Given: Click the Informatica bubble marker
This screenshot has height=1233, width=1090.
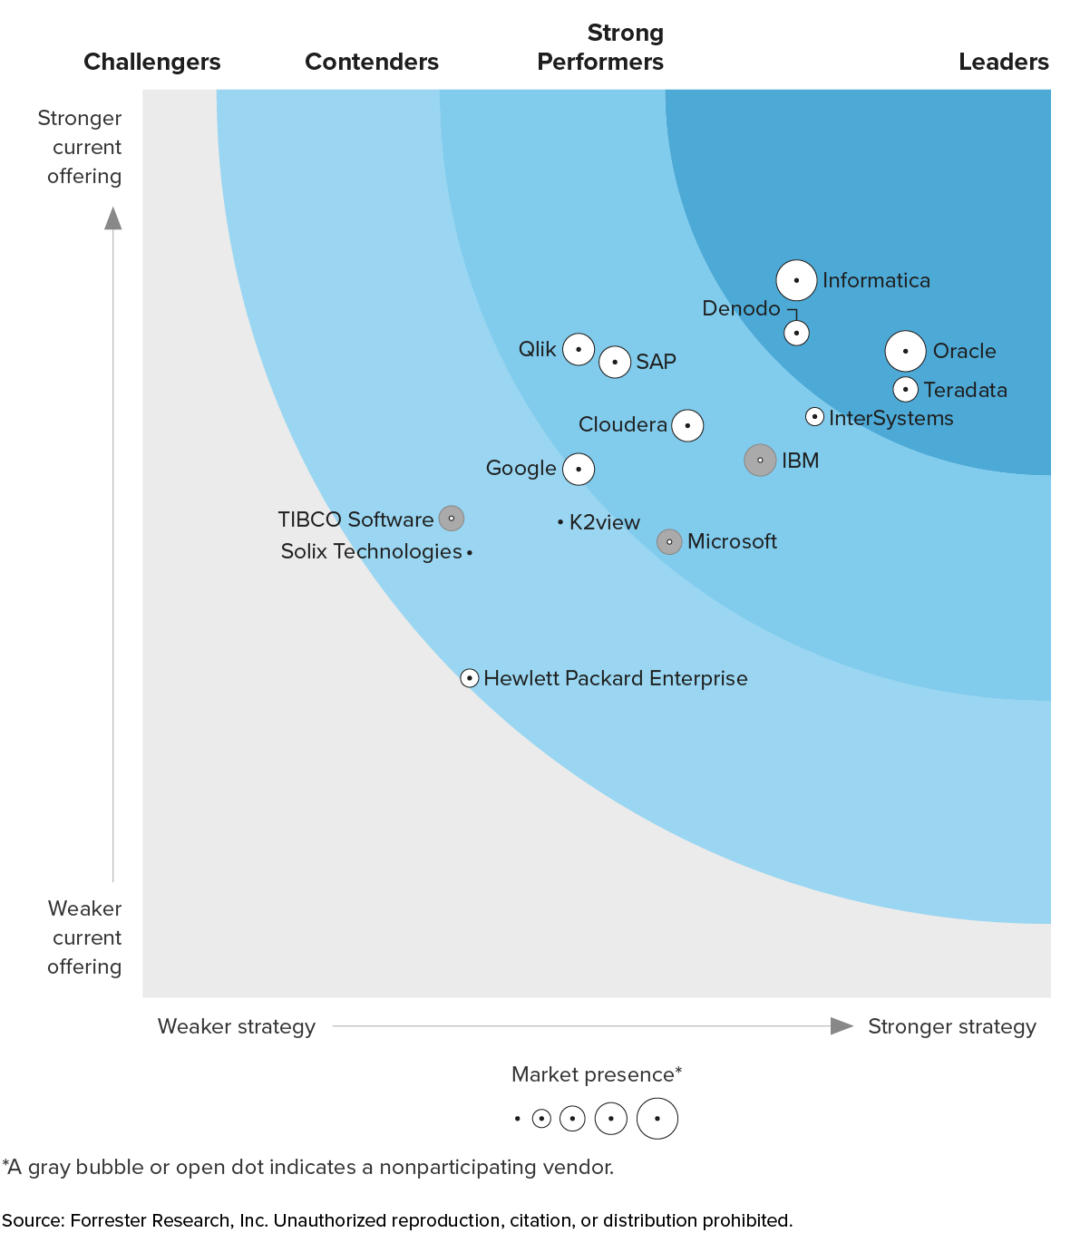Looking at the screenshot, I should [x=796, y=281].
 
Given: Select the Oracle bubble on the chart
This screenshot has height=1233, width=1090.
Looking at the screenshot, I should [x=905, y=351].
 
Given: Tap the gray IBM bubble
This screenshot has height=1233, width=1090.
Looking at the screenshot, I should [x=760, y=461].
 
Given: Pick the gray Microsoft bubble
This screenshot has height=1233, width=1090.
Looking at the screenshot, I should [x=669, y=542].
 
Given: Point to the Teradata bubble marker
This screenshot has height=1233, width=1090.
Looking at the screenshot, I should [x=905, y=390].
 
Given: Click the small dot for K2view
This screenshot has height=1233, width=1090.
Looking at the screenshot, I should [x=560, y=522].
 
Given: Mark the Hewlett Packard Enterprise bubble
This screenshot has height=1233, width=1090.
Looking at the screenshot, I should [x=470, y=678].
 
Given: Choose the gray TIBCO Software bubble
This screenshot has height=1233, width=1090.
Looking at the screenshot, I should [x=452, y=519].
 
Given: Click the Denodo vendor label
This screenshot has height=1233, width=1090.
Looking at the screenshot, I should [x=741, y=308].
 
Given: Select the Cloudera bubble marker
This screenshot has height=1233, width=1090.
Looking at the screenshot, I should [x=687, y=425].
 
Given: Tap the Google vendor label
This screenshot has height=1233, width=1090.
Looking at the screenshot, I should [x=521, y=469].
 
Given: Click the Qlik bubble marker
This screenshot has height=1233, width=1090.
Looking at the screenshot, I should [x=579, y=349].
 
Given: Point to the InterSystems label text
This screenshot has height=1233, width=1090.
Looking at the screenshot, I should [x=890, y=418].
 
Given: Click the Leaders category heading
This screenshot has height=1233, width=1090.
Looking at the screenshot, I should [x=1003, y=62].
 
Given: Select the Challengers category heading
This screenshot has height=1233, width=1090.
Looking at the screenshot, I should [x=152, y=62].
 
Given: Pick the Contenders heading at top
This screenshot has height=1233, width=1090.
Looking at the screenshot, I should [x=372, y=62].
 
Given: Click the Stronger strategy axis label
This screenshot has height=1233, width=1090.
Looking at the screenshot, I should [x=951, y=1026].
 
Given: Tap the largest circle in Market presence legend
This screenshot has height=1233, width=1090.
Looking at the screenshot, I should [x=657, y=1119].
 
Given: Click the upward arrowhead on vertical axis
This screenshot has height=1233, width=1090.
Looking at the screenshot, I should [x=113, y=218].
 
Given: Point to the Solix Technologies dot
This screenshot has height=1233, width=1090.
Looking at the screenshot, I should [x=470, y=552].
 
